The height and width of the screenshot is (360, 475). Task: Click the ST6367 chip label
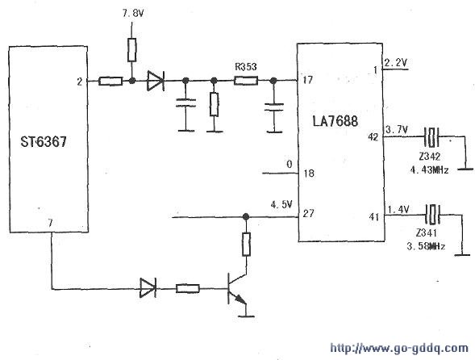(x=44, y=141)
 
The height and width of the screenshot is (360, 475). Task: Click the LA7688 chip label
(x=335, y=121)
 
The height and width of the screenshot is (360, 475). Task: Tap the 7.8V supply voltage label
(x=133, y=14)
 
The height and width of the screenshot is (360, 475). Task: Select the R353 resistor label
(x=246, y=67)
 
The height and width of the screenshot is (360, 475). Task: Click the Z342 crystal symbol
(x=431, y=136)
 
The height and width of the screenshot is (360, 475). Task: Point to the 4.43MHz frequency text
(x=429, y=170)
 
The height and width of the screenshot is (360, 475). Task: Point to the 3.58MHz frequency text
(x=426, y=246)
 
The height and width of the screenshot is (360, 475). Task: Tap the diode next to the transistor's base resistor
(x=148, y=288)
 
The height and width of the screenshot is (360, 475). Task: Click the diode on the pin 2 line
(x=156, y=81)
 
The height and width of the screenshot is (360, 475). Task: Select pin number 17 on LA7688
(x=307, y=80)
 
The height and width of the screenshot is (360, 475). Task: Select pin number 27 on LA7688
(x=308, y=213)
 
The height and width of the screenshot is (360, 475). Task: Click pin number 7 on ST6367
(x=50, y=223)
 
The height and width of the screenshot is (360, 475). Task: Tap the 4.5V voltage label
(x=281, y=204)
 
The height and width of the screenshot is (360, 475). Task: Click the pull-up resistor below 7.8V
(x=131, y=50)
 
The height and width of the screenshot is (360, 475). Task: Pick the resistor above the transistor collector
(x=246, y=245)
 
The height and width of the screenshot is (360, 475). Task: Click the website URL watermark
(x=399, y=348)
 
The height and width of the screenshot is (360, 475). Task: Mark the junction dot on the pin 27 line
(x=246, y=216)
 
